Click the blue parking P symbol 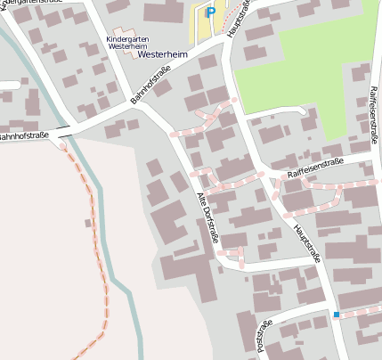point(210,12)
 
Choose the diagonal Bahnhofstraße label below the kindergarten point(150,90)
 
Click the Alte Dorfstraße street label point(207,217)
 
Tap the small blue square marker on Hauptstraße point(337,315)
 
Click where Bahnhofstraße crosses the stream point(64,134)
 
